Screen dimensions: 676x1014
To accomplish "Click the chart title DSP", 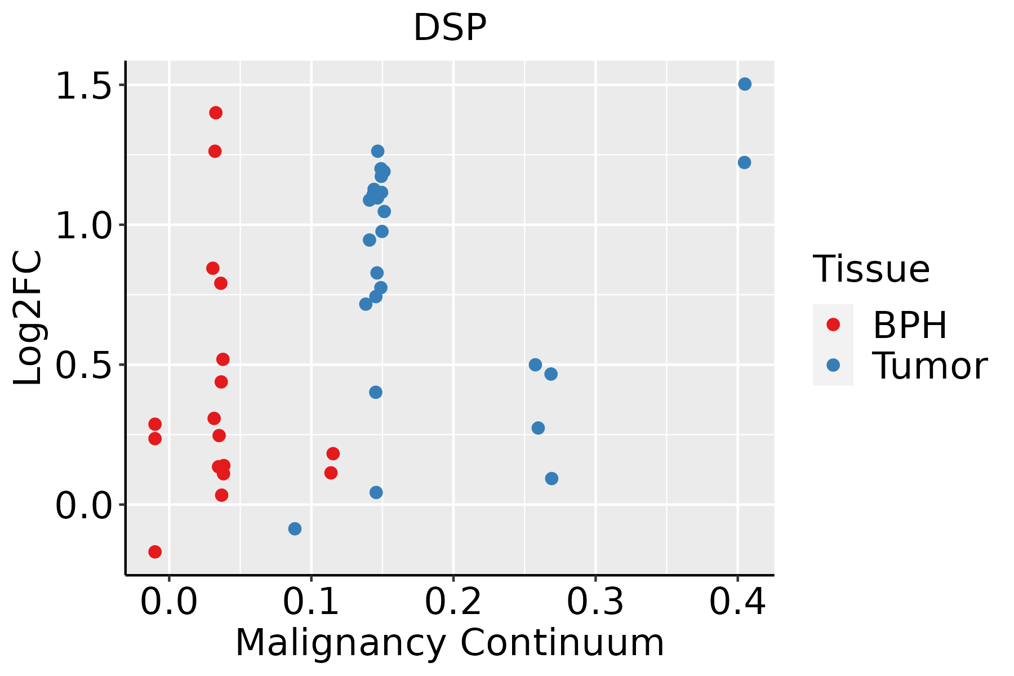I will [450, 28].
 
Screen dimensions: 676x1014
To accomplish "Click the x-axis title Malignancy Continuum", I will [450, 643].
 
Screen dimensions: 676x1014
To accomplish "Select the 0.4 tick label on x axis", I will [737, 602].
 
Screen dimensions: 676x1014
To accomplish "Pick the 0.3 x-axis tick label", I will [595, 602].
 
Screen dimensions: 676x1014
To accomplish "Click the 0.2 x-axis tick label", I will [453, 602].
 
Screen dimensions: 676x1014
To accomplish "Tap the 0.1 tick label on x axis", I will [311, 602].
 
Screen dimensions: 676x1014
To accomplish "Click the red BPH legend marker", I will [833, 324].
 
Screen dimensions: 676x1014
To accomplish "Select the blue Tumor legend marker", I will [833, 365].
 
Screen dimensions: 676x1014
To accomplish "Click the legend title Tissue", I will [871, 269].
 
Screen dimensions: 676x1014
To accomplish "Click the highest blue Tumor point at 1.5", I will [745, 84].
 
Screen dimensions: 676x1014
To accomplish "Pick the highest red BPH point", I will [216, 113].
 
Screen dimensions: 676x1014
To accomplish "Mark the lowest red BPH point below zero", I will [155, 552].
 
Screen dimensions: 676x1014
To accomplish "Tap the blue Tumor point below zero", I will [295, 528].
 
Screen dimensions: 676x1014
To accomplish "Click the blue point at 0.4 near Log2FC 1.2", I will [744, 162].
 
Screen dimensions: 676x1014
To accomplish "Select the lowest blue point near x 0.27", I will [552, 478].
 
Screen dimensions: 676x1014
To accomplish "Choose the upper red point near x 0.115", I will [333, 453].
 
